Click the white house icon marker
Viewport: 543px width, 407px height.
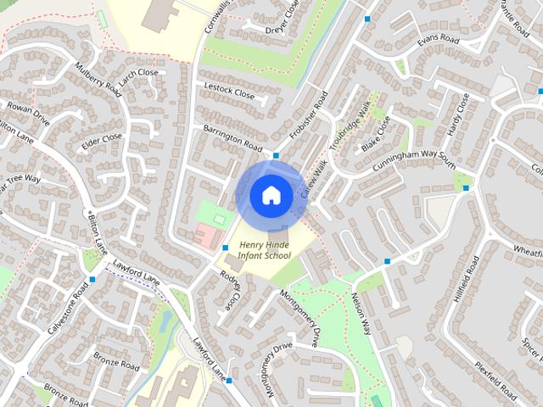271,195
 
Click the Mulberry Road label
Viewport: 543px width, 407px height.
98,80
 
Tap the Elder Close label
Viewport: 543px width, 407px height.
102,140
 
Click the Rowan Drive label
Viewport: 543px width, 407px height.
29,114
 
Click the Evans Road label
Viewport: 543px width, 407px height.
438,41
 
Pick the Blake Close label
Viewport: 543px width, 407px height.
376,134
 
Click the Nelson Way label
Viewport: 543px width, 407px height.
362,315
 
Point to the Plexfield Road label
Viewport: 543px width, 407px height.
495,382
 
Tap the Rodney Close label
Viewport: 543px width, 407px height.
231,289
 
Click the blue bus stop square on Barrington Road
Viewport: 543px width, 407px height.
276,156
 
